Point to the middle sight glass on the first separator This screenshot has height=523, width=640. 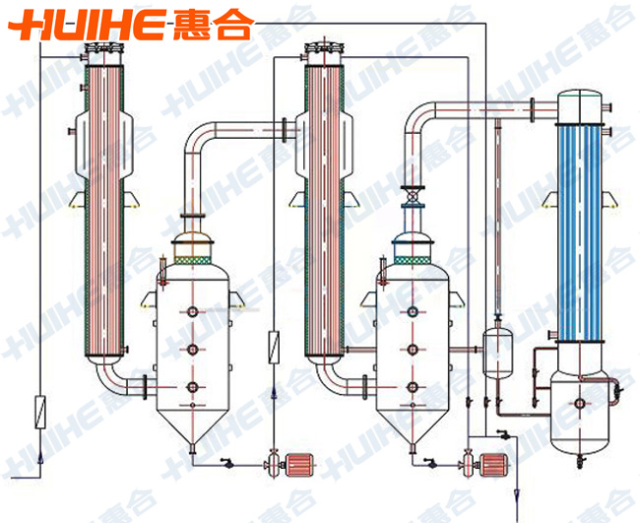pyautogui.click(x=193, y=348)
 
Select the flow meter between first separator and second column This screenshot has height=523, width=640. pyautogui.click(x=274, y=347)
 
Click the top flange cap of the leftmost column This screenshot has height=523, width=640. pyautogui.click(x=103, y=49)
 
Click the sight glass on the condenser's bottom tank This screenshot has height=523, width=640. pyautogui.click(x=580, y=402)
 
